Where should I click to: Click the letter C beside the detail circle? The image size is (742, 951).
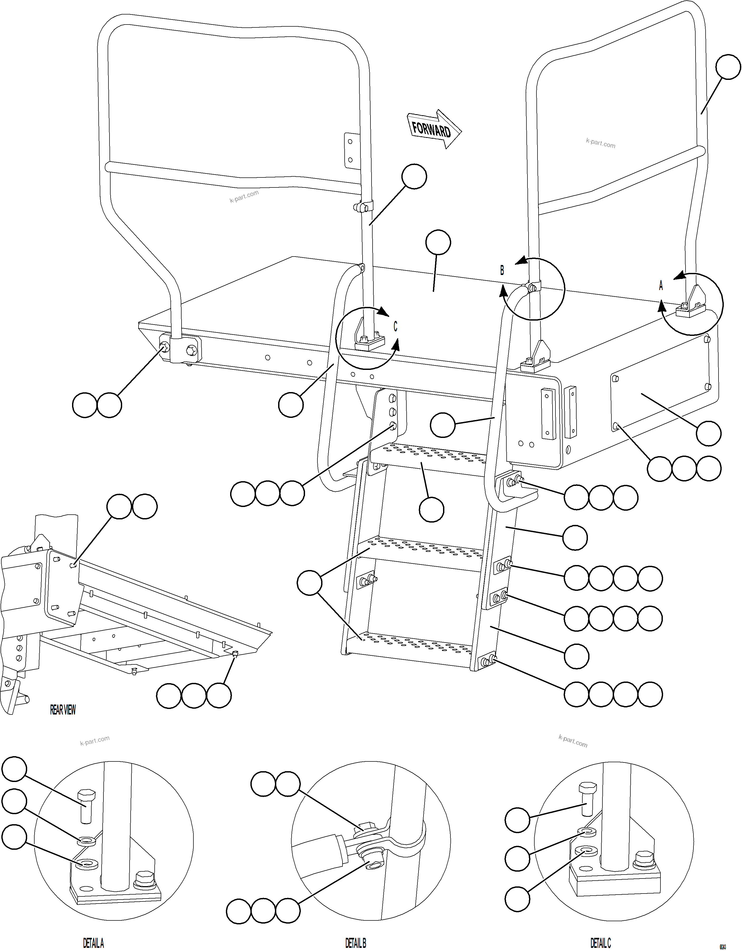point(395,327)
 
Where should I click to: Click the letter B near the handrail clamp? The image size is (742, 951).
point(502,271)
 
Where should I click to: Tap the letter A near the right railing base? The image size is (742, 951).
point(660,286)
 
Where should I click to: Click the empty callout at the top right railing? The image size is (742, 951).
point(728,67)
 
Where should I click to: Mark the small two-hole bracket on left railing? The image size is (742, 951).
point(349,151)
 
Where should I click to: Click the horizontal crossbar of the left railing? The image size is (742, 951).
point(235,178)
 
